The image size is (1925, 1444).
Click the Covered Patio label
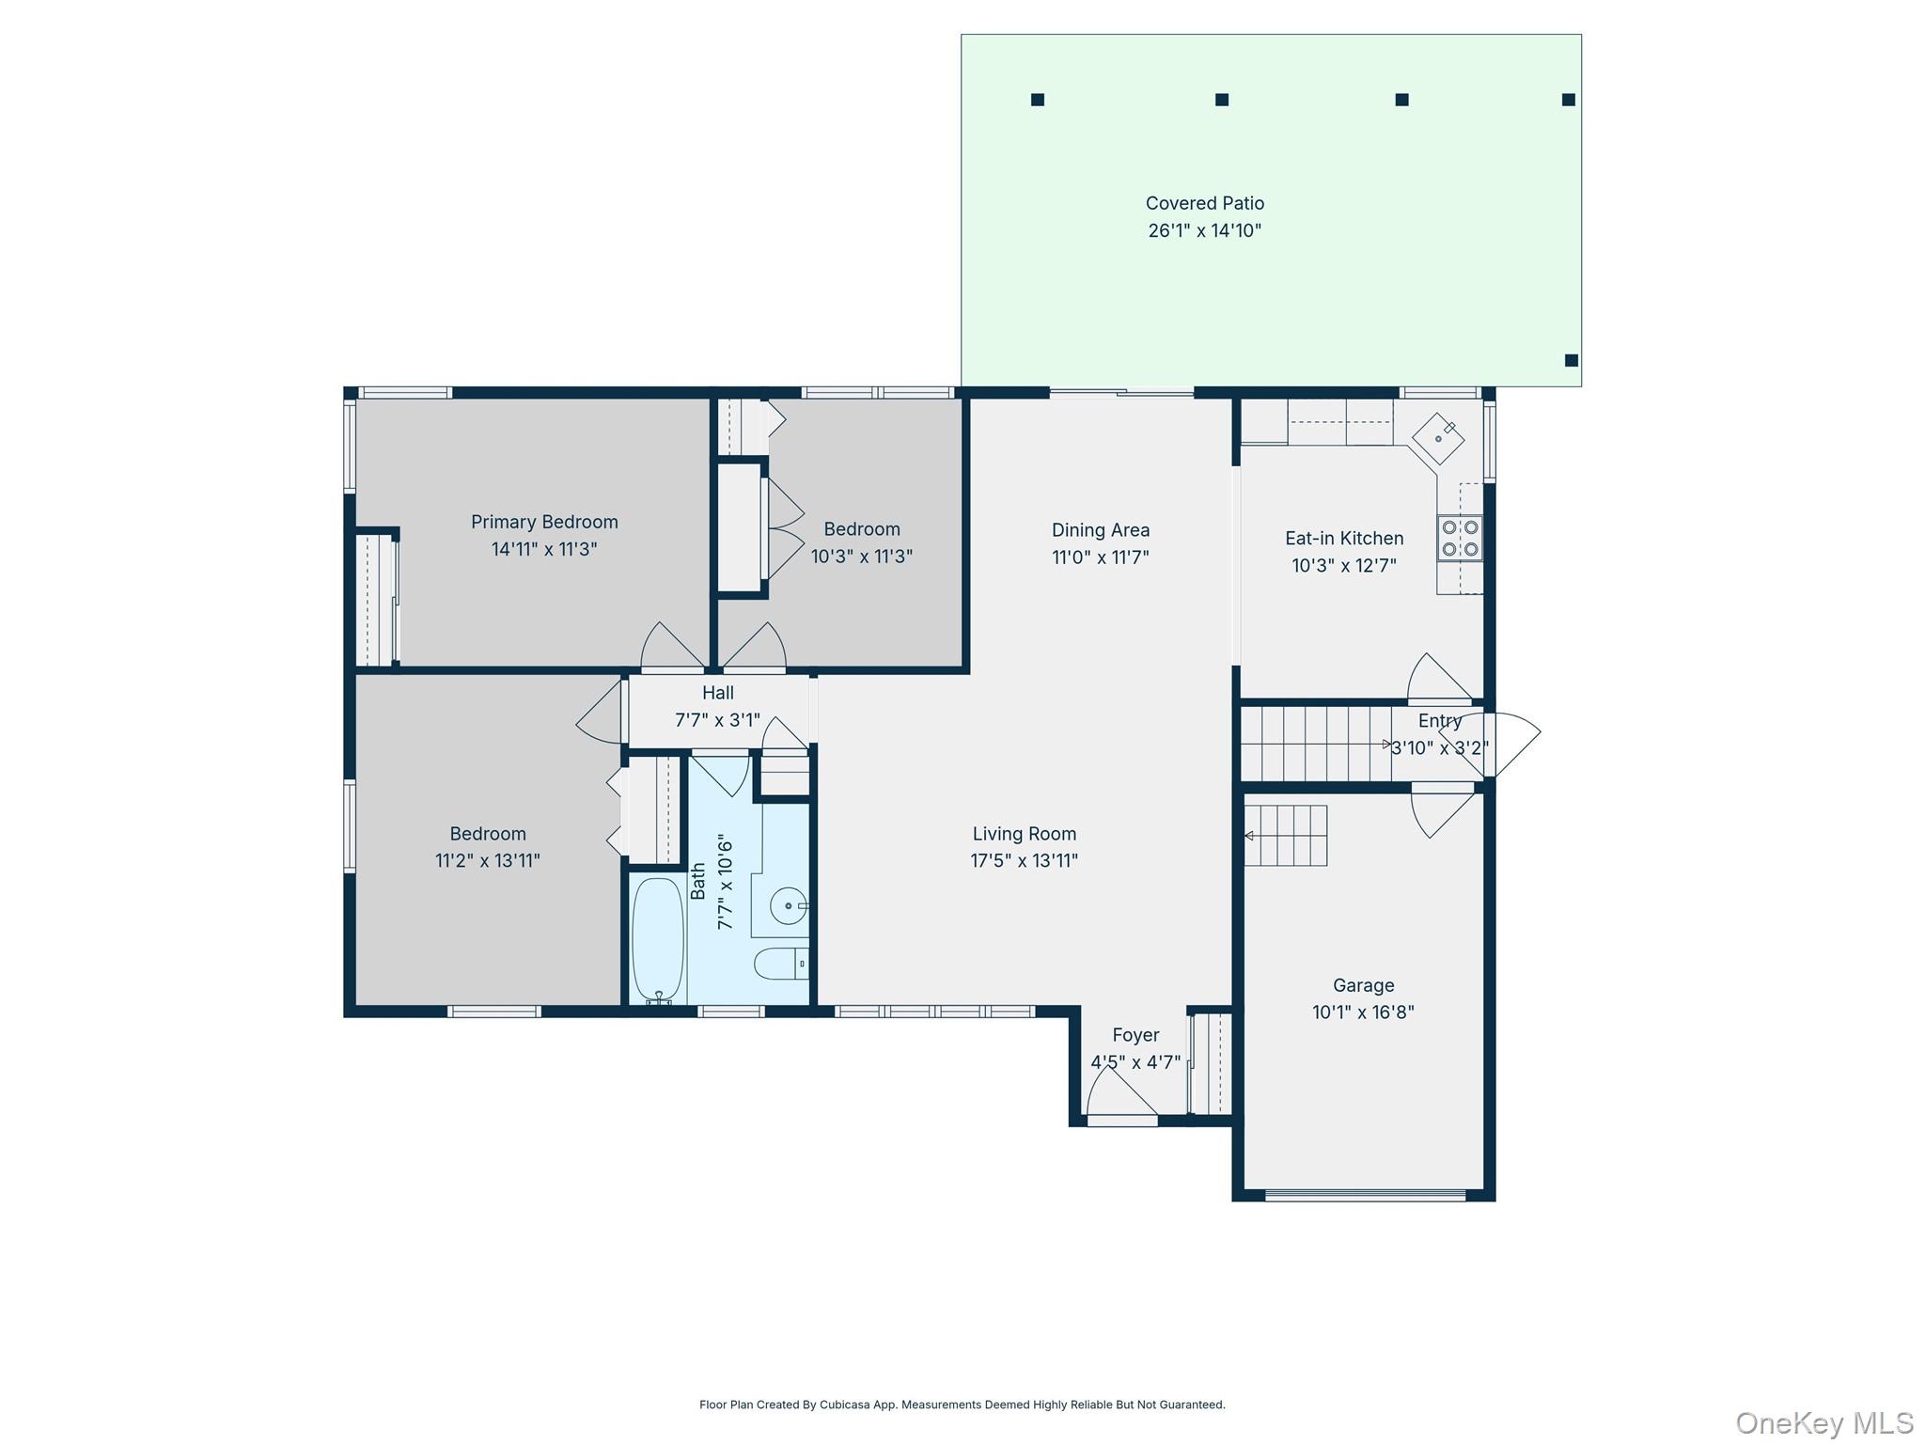tap(1204, 203)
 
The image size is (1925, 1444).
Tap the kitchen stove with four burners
tap(1460, 539)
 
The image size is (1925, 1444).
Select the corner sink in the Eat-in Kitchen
tap(1438, 438)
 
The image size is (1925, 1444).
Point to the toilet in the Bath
tap(779, 964)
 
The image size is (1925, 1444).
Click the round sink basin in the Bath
tap(787, 906)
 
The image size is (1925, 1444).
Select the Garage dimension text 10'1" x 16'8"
tap(1363, 1012)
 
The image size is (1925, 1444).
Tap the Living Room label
tap(1024, 834)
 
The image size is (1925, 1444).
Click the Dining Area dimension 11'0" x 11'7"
tap(1100, 557)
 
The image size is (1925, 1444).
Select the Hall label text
tap(717, 693)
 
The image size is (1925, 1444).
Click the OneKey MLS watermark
tap(1823, 1422)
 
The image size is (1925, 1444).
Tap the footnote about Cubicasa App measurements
tap(962, 1405)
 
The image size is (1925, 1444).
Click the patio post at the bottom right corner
tap(1571, 360)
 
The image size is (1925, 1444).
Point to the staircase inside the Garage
tap(1286, 835)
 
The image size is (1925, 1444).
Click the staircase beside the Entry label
tap(1316, 744)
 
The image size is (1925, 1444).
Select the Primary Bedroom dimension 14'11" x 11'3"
tap(544, 549)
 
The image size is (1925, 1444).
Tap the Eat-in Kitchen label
tap(1344, 539)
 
